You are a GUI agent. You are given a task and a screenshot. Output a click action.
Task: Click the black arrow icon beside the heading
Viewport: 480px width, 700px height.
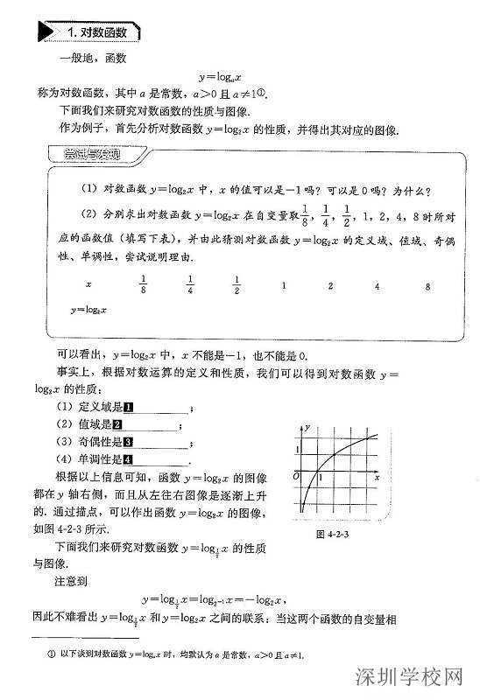47,32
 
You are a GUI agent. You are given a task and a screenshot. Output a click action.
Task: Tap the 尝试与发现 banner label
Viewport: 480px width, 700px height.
91,156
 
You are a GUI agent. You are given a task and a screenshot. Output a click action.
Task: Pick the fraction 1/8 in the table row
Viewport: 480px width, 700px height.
143,285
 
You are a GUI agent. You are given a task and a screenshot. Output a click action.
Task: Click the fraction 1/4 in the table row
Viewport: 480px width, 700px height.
189,285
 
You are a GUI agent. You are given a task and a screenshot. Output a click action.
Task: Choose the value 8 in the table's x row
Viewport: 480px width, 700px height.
427,286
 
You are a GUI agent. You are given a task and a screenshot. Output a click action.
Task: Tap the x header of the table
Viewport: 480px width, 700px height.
88,286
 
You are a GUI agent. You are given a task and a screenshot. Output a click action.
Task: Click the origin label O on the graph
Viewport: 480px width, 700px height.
295,475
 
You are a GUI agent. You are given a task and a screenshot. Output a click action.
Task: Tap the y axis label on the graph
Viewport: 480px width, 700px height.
308,425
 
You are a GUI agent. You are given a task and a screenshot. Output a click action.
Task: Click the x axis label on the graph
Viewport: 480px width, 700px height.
376,478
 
